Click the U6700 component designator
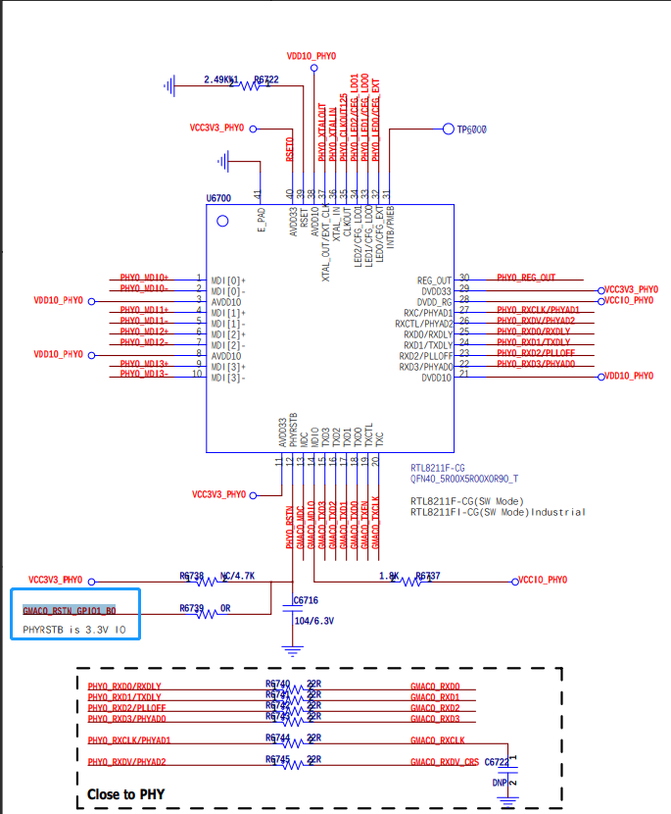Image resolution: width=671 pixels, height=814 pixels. coord(218,198)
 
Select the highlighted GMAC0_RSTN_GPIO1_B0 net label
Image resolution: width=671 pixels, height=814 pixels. coord(70,609)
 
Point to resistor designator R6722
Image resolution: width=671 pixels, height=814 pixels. coord(265,79)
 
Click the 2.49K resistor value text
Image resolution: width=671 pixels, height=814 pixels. coord(220,79)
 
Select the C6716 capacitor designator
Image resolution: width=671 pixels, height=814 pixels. coord(307,599)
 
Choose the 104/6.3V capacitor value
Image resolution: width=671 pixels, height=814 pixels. coord(313,621)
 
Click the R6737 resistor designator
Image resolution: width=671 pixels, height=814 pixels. coord(428,577)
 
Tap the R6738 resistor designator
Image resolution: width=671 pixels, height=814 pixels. coord(192,577)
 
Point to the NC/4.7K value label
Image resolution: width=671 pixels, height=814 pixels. coord(237,577)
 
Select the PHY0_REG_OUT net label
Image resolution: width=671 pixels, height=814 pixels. coord(526,278)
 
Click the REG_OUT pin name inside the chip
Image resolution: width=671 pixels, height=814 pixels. coord(435,280)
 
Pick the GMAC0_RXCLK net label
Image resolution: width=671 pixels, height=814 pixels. coord(438,740)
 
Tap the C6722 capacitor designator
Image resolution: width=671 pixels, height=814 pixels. coord(497,761)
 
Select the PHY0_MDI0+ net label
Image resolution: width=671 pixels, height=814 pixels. coord(144,278)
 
